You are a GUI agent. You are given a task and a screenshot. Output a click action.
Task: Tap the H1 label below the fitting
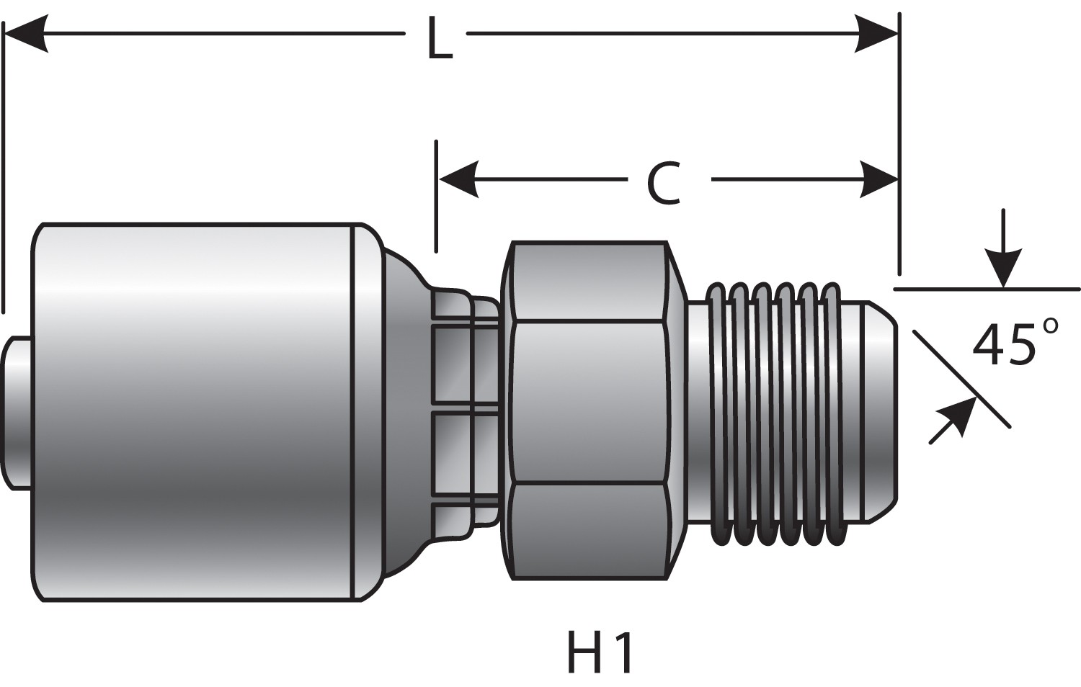[x=600, y=653]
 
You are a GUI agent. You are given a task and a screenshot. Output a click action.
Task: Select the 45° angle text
[x=1015, y=343]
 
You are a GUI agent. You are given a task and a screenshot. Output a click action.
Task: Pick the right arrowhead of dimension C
[x=878, y=179]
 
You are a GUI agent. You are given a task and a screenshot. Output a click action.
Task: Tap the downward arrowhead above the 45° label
[x=1004, y=267]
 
